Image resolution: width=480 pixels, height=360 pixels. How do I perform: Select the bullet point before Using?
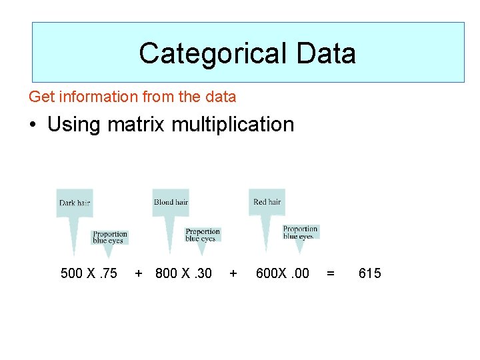pos(33,125)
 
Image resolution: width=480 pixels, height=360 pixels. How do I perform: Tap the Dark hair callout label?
pos(74,203)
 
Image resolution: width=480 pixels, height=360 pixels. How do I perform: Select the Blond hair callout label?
pos(171,202)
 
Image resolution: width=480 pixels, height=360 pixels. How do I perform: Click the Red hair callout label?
pos(267,201)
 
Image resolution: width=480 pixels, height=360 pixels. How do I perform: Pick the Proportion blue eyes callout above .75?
pos(109,237)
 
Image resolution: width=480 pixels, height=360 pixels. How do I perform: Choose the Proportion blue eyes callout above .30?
pos(203,235)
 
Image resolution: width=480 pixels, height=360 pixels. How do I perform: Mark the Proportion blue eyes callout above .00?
pos(300,232)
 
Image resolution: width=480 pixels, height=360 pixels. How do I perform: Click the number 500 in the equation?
pos(72,273)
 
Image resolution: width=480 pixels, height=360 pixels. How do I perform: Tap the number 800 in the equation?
pos(167,273)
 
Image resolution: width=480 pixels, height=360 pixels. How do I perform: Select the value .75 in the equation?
pos(107,273)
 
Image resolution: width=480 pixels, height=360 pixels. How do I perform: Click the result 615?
pos(369,273)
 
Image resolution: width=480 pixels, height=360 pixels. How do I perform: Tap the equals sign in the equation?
pos(330,273)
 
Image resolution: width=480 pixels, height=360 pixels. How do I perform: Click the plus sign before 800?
pos(138,273)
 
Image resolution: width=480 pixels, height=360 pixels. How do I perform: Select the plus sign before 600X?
pos(233,273)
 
